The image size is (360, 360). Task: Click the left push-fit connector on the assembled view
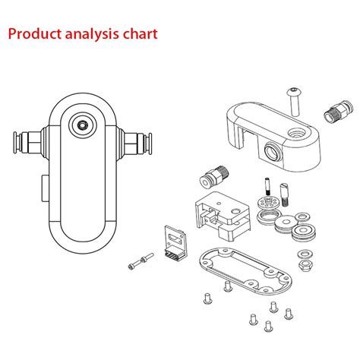point(25,142)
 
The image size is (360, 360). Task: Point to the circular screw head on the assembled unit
point(82,123)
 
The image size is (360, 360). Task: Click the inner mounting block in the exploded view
point(220,212)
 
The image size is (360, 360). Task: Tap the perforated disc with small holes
point(267,204)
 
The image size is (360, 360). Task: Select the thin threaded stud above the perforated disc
point(267,185)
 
